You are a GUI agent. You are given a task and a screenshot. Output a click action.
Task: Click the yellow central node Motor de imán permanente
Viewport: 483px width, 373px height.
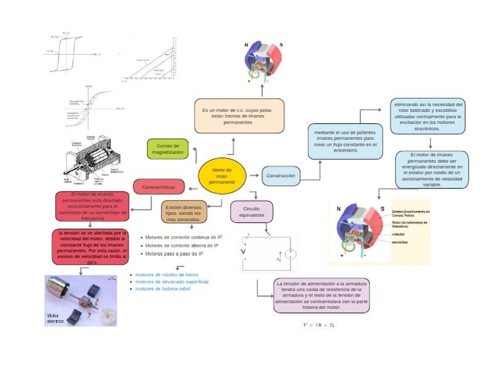(222, 176)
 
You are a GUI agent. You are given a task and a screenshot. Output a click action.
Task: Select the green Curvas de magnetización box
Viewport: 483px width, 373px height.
(167, 149)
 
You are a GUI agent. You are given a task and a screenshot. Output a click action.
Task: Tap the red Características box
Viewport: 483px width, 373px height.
(158, 186)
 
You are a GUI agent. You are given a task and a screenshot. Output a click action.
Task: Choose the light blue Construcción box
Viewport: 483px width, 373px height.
(280, 176)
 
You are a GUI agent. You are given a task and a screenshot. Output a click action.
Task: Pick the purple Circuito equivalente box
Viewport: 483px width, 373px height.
(252, 211)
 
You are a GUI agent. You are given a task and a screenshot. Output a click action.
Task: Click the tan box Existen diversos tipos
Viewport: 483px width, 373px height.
(184, 212)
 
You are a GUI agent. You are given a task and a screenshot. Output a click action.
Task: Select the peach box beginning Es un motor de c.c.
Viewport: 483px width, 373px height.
(238, 116)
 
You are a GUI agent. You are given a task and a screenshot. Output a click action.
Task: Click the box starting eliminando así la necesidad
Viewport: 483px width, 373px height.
(428, 116)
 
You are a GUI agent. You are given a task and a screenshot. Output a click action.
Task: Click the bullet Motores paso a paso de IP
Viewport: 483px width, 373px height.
(174, 254)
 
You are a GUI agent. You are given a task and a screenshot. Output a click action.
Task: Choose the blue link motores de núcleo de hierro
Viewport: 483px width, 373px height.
(167, 274)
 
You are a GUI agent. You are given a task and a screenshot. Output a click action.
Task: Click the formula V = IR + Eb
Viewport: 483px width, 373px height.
(319, 325)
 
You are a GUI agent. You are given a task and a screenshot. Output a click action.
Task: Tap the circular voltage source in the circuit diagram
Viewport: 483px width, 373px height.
(291, 254)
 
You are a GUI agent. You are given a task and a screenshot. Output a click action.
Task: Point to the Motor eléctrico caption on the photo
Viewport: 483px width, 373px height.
(56, 318)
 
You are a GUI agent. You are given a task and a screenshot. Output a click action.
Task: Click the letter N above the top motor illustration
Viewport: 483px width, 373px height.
(246, 44)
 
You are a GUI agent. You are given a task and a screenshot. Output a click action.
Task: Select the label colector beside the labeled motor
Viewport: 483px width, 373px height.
(399, 234)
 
